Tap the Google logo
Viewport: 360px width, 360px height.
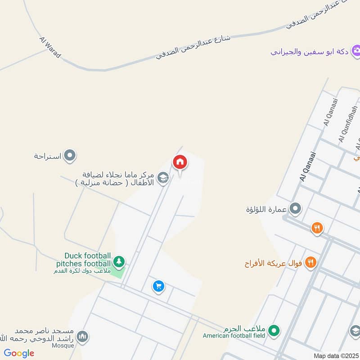click(19, 353)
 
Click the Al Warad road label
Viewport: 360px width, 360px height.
click(50, 48)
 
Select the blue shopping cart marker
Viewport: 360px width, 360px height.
click(158, 286)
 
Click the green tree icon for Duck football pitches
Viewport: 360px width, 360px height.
click(119, 261)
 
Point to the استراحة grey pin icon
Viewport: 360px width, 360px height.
click(69, 156)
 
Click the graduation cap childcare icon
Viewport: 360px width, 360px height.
click(163, 179)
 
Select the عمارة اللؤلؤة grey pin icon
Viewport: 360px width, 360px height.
click(295, 208)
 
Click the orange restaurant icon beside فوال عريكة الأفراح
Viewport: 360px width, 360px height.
click(310, 262)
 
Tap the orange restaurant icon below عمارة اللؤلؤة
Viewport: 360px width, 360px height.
click(317, 228)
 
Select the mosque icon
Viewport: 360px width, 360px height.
click(82, 336)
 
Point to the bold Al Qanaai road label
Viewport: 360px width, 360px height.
click(308, 167)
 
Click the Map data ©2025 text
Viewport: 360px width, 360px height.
click(335, 355)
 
